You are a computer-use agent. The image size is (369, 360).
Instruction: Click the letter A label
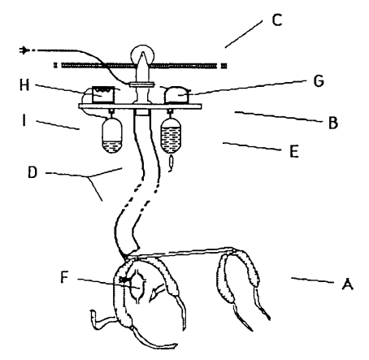[x=347, y=284]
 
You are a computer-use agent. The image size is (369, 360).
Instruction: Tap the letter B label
[x=333, y=123]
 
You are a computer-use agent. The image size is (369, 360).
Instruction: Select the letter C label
[x=277, y=20]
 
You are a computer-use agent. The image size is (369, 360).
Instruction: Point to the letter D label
[x=33, y=172]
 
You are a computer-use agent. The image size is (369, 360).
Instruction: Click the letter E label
[x=294, y=151]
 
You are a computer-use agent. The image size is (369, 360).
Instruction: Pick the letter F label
[x=64, y=277]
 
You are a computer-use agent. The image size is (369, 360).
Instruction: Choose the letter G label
[x=319, y=80]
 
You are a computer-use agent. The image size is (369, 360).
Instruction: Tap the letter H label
[x=24, y=85]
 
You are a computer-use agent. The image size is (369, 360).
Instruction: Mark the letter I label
[x=24, y=120]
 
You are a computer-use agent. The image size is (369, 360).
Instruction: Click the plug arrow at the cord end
[x=24, y=50]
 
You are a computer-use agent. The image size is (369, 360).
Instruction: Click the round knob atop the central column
[x=143, y=54]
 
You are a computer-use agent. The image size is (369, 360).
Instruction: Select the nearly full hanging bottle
[x=171, y=136]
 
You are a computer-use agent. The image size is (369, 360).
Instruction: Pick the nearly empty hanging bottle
[x=112, y=136]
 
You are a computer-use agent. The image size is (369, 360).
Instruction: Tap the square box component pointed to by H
[x=103, y=94]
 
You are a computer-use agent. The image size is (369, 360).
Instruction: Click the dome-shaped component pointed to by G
[x=176, y=95]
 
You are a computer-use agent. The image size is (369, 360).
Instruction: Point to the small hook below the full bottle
[x=171, y=163]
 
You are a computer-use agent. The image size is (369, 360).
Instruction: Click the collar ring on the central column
[x=141, y=85]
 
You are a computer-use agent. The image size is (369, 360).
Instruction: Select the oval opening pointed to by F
[x=138, y=286]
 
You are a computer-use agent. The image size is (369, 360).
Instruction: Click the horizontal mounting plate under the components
[x=140, y=106]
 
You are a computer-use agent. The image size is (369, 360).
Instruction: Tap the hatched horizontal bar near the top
[x=140, y=65]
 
